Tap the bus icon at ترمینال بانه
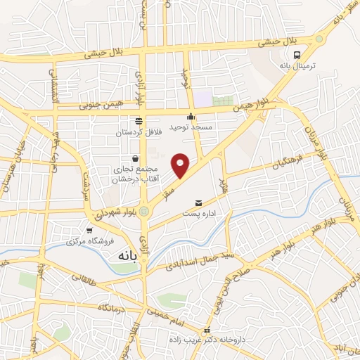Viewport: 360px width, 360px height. (298, 55)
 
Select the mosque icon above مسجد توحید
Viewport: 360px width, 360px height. (190, 116)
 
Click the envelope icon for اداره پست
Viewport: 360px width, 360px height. (198, 202)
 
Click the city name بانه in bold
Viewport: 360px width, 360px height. (121, 257)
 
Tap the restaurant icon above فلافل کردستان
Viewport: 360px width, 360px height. (138, 121)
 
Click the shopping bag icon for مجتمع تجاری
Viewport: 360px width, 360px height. (135, 159)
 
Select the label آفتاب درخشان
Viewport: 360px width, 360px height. (134, 180)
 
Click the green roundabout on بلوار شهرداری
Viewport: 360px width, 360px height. (144, 210)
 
